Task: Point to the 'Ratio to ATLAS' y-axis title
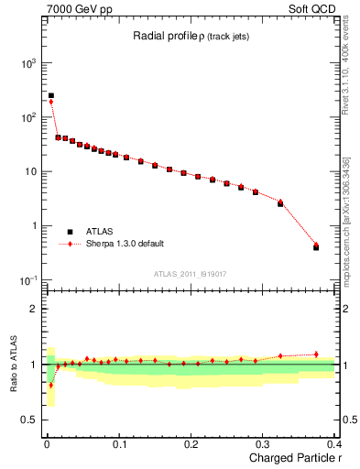pos(13,364)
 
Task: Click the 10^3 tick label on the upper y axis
pos(27,64)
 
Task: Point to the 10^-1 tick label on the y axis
pos(27,279)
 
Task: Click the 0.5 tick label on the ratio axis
pos(33,420)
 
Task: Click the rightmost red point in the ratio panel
pos(316,354)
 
